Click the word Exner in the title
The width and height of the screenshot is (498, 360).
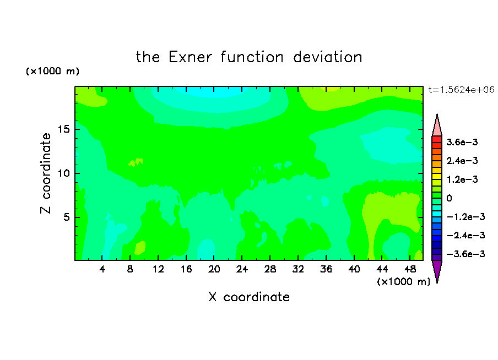tap(190, 57)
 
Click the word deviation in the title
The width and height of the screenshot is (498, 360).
tap(327, 57)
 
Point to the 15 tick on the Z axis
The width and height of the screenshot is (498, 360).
tap(64, 129)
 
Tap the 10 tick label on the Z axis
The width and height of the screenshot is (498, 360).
tap(64, 173)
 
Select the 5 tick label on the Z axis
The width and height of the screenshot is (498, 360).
tap(67, 217)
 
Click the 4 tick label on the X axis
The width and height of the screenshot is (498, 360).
tap(102, 269)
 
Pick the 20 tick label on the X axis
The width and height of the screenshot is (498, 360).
tap(214, 269)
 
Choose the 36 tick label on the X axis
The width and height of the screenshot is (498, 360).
tap(326, 269)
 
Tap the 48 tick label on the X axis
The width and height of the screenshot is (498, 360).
tap(410, 269)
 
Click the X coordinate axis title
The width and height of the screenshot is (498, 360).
tap(249, 297)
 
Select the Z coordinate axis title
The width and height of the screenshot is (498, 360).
tap(45, 173)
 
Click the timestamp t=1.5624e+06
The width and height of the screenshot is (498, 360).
tap(461, 90)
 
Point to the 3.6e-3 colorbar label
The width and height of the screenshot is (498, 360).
tap(462, 142)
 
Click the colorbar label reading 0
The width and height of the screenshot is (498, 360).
tap(449, 198)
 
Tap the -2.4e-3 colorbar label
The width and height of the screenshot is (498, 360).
tap(465, 235)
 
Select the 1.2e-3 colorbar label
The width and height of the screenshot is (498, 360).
tap(462, 179)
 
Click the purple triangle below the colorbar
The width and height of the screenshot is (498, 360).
tap(437, 271)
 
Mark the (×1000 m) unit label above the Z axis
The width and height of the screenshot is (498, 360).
tap(52, 71)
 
